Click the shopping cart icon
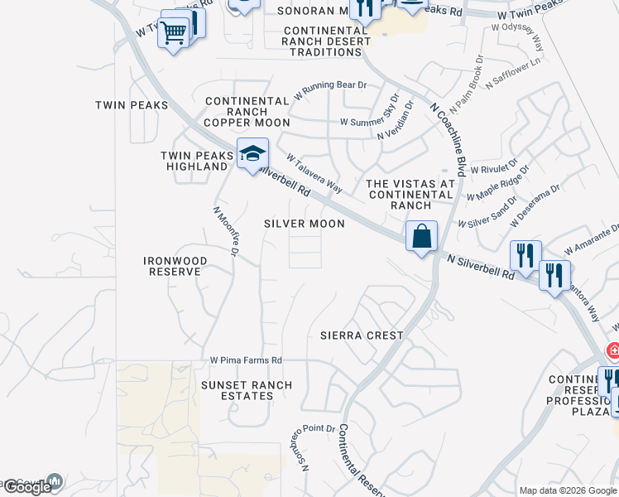[x=174, y=34]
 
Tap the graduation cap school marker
[x=252, y=153]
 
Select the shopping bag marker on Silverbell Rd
[x=421, y=236]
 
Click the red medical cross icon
[x=613, y=350]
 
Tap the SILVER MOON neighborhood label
[x=304, y=224]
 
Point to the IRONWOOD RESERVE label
[x=175, y=266]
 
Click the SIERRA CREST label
[x=362, y=335]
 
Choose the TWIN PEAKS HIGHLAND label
[x=194, y=161]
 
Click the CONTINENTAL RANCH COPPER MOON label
[x=247, y=112]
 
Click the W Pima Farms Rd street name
[x=246, y=360]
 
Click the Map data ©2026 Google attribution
[x=567, y=490]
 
